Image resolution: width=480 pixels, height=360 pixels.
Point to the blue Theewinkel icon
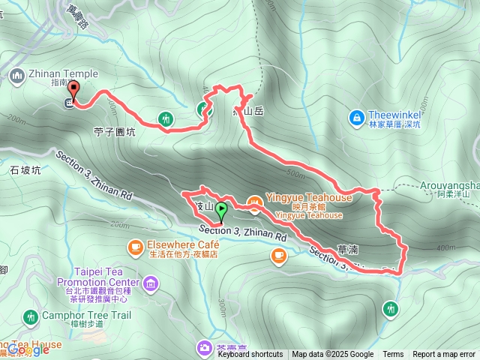[x=357, y=117]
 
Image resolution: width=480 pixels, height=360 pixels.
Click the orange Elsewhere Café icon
[x=136, y=245]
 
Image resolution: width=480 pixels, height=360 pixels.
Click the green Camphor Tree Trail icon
[x=31, y=317]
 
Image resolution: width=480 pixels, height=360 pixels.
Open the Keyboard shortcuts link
[x=250, y=354]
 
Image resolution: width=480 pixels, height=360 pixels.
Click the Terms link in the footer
[x=393, y=354]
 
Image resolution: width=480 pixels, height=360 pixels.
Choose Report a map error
[x=444, y=354]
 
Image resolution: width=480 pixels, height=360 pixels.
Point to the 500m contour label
[x=296, y=174]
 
